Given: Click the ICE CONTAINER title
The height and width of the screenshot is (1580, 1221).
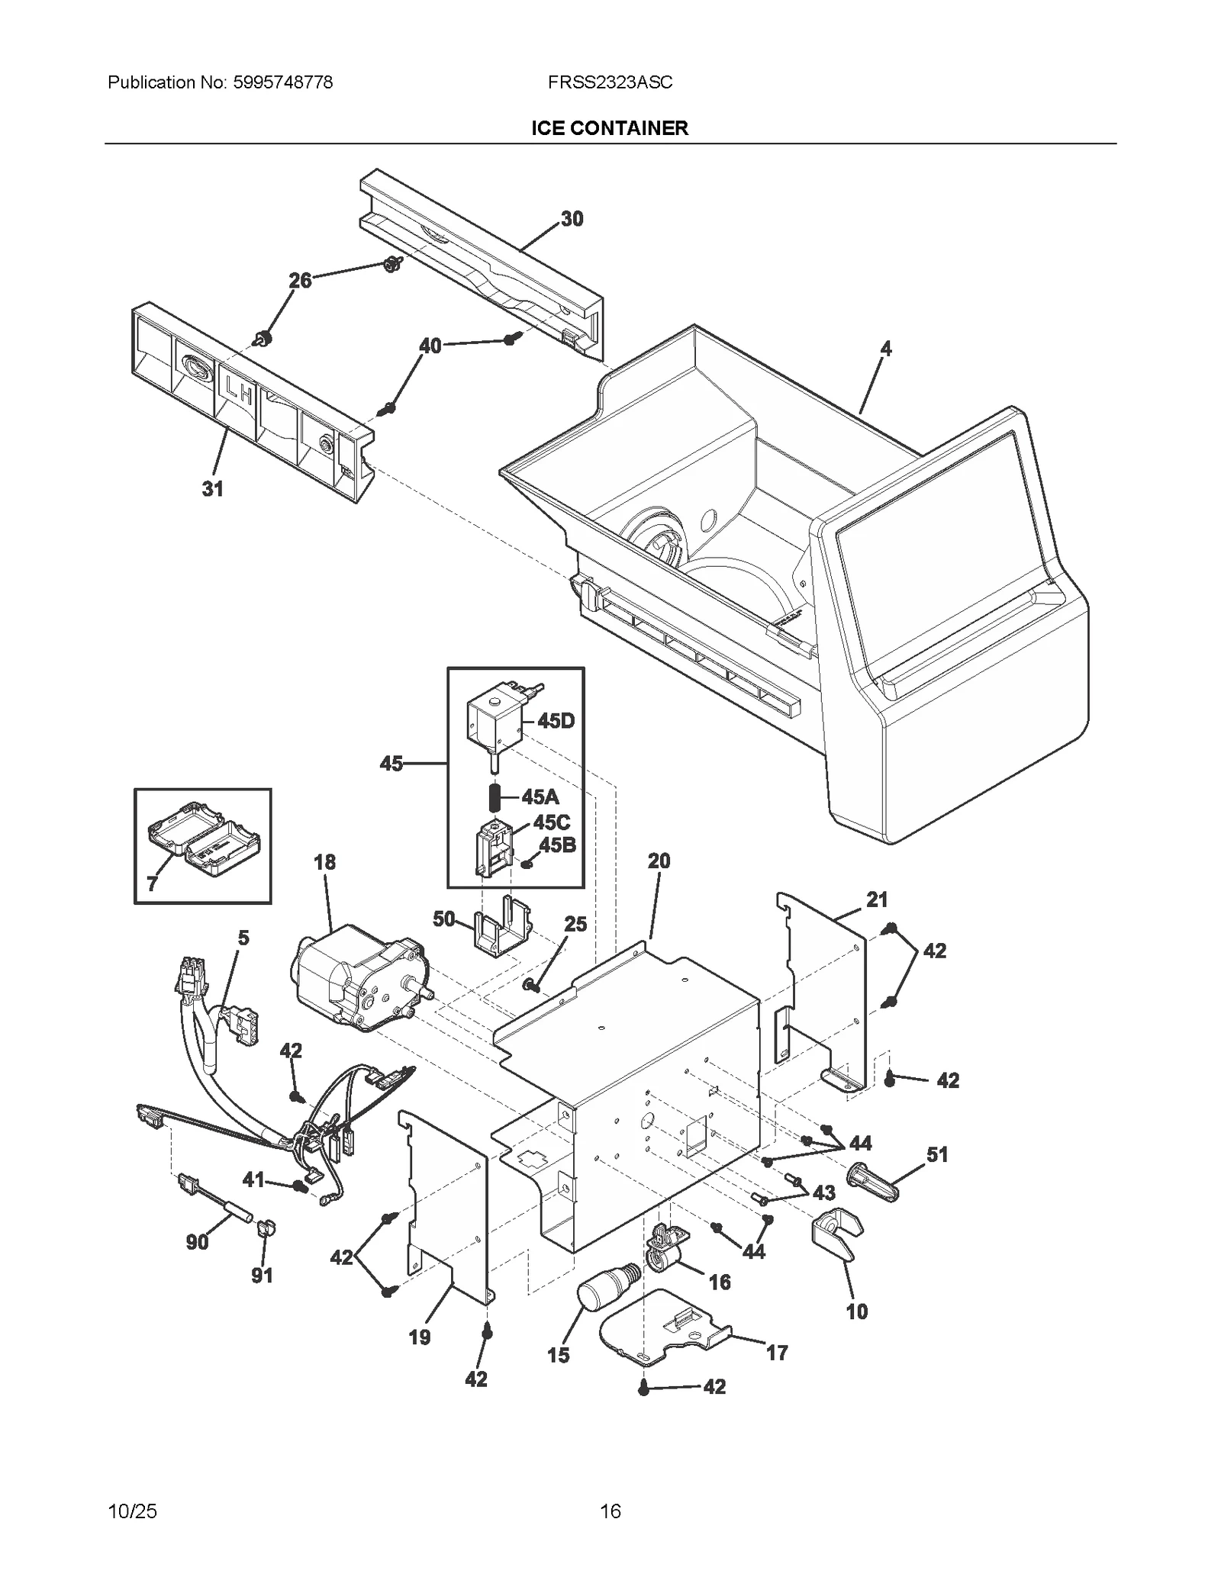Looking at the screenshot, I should (610, 128).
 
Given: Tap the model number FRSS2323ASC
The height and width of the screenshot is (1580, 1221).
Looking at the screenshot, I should (610, 82).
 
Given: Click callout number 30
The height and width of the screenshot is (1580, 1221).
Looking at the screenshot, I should (572, 219).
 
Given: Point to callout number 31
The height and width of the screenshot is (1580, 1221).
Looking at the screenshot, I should (212, 488).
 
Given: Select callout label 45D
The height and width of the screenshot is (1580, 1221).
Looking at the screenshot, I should (556, 720).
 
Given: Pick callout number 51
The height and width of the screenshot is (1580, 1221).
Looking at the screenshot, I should (937, 1154).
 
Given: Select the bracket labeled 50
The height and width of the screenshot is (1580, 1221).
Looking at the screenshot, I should (501, 929).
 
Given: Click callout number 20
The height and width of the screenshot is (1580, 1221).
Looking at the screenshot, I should (659, 861).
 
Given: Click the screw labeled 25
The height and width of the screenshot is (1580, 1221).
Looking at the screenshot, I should (529, 986).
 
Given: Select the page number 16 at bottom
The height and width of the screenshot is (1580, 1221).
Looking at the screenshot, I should (610, 1511).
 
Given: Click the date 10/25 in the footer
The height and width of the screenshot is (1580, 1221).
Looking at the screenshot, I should (133, 1511).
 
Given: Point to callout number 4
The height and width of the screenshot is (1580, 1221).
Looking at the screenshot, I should (885, 349).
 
